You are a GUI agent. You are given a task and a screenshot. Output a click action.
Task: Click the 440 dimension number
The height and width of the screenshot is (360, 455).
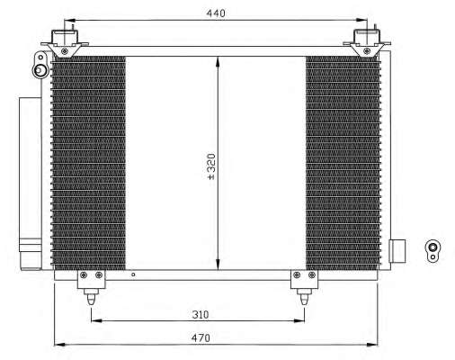click(216, 13)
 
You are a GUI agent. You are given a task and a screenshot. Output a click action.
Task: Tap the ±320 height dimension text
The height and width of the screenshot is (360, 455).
click(211, 166)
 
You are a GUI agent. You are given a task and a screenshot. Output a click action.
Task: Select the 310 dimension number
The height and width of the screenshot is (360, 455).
click(201, 314)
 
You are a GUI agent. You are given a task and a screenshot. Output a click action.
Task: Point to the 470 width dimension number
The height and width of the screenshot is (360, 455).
click(201, 338)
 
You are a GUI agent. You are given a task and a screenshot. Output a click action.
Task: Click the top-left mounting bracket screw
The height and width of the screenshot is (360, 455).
click(64, 51)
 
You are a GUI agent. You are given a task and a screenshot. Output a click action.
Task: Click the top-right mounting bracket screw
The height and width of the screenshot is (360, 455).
click(366, 51)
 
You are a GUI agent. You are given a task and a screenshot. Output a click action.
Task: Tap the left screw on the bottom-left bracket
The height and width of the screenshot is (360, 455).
click(84, 274)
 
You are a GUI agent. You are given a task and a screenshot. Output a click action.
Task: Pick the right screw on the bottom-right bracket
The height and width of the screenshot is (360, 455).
click(312, 274)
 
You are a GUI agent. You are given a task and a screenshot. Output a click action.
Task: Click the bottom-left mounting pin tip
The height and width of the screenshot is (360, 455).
click(91, 304)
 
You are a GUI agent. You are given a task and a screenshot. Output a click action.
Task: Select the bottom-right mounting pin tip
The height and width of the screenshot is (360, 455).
click(304, 304)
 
